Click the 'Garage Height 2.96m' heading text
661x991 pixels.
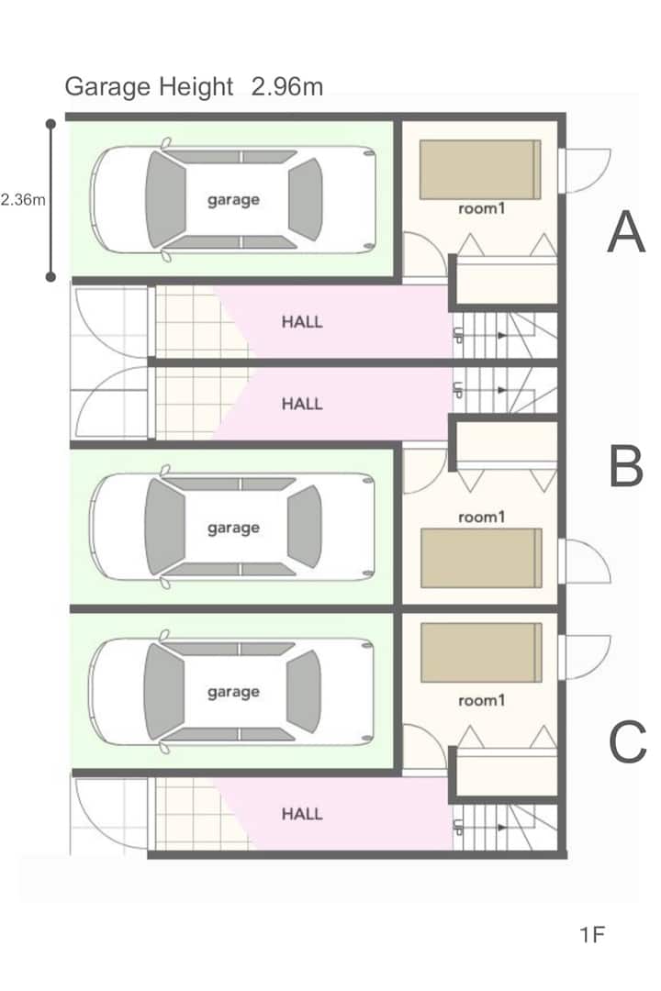pyautogui.click(x=194, y=86)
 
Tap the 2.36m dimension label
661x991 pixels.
pyautogui.click(x=23, y=200)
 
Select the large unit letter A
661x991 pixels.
pyautogui.click(x=626, y=232)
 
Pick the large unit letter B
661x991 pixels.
pyautogui.click(x=626, y=466)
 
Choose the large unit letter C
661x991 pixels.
pyautogui.click(x=627, y=741)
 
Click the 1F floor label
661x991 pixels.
pyautogui.click(x=592, y=934)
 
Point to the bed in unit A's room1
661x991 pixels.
pyautogui.click(x=480, y=170)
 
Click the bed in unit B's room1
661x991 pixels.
pyautogui.click(x=481, y=558)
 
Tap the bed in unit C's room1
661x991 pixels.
pyautogui.click(x=481, y=652)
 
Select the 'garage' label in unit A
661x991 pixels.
pyautogui.click(x=233, y=200)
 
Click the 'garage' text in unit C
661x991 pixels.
pyautogui.click(x=233, y=692)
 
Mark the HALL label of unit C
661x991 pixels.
pyautogui.click(x=302, y=813)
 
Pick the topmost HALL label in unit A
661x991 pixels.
pyautogui.click(x=302, y=322)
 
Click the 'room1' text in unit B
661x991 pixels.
pyautogui.click(x=481, y=517)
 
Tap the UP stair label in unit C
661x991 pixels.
pyautogui.click(x=458, y=827)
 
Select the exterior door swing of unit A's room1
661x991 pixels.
pyautogui.click(x=587, y=171)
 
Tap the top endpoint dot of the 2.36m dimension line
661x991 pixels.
pyautogui.click(x=50, y=125)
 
